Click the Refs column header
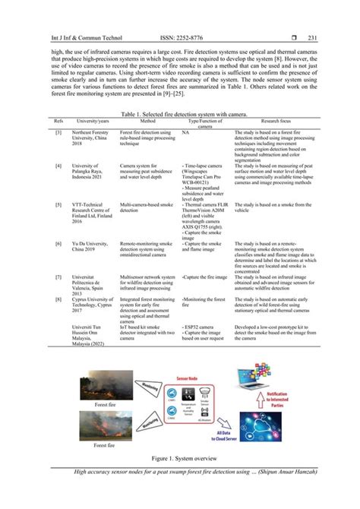click(58, 120)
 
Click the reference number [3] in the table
click(58, 132)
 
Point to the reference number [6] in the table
click(58, 242)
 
